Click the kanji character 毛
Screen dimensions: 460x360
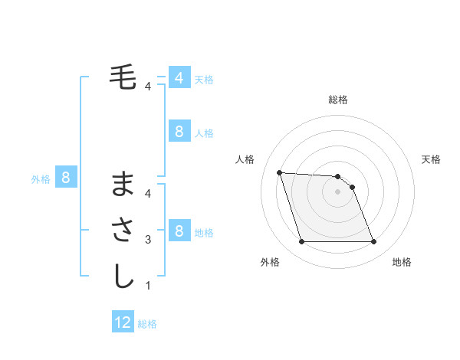point(123,78)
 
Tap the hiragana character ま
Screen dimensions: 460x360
point(123,185)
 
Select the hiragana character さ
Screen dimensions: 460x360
point(123,231)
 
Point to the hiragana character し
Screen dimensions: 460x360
point(123,277)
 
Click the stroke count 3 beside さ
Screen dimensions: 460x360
point(147,240)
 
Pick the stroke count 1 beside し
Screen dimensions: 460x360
point(147,286)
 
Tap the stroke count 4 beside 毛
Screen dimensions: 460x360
point(147,87)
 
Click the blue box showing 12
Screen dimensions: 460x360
point(123,322)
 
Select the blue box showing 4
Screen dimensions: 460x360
point(179,78)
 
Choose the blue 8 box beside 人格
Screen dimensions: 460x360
point(179,132)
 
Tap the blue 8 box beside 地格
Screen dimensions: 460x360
point(179,231)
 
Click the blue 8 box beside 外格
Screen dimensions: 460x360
point(66,178)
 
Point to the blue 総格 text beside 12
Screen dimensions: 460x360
point(147,324)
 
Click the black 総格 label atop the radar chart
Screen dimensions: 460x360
point(337,100)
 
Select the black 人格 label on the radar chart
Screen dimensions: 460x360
point(245,159)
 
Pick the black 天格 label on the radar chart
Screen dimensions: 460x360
point(431,159)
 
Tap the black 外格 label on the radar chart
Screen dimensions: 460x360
point(270,262)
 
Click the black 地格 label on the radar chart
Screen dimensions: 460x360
point(402,262)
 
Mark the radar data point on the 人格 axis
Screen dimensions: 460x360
point(279,172)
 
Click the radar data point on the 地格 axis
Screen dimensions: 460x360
point(373,242)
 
